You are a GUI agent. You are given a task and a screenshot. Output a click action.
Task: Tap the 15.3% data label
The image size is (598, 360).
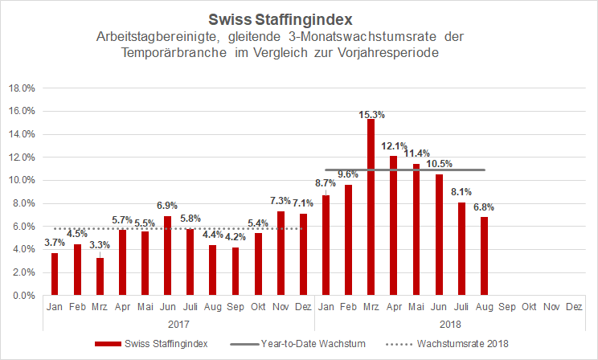tap(371, 113)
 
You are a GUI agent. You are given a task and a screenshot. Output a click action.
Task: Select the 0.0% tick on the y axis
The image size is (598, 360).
tap(21, 296)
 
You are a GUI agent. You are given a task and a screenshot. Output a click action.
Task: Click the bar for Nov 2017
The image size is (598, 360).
tap(280, 253)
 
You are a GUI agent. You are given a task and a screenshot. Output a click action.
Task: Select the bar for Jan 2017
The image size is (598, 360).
tap(54, 274)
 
